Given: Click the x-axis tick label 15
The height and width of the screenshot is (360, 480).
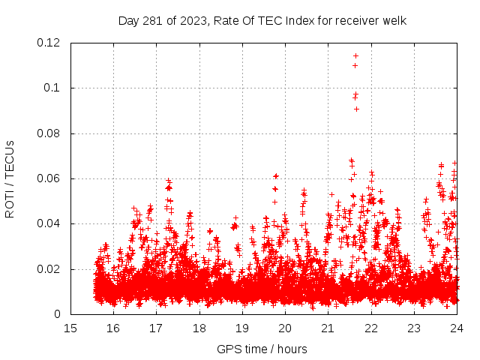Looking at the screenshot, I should [70, 328].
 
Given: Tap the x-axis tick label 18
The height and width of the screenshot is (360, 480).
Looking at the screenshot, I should [199, 328].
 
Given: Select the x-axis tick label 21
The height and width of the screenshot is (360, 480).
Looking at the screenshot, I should [328, 328].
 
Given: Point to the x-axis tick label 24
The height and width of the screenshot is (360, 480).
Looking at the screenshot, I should [456, 328].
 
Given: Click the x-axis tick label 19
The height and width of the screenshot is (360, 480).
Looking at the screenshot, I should [241, 328].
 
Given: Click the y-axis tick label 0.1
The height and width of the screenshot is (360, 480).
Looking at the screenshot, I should [53, 88].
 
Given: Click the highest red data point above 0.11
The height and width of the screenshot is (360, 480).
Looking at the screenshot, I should [355, 55].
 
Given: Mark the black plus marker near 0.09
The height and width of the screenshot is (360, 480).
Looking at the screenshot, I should [356, 109].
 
